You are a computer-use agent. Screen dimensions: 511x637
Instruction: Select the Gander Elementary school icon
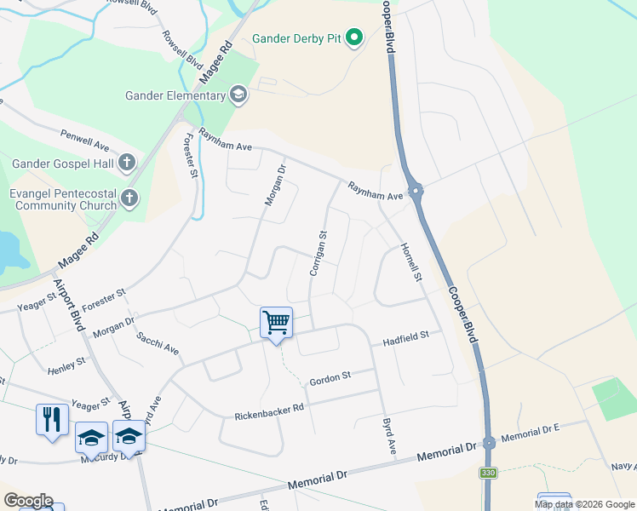click(239, 95)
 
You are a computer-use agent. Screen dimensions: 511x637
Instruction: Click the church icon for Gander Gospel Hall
click(127, 162)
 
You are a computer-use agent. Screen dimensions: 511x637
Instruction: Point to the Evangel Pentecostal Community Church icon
click(129, 199)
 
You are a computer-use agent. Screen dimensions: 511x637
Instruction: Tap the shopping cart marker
click(276, 323)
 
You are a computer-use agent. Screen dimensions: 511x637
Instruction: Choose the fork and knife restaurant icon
click(52, 420)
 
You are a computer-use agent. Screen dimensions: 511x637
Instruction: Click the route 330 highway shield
click(487, 473)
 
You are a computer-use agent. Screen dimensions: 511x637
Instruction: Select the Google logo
click(28, 500)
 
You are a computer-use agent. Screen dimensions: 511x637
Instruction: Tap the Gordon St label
click(330, 378)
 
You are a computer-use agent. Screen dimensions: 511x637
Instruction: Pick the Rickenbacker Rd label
click(269, 412)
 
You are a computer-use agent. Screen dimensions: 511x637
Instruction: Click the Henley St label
click(66, 366)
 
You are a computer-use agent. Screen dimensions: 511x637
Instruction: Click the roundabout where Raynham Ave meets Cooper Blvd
click(416, 191)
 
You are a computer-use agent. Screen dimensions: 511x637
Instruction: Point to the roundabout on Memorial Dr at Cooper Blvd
click(489, 443)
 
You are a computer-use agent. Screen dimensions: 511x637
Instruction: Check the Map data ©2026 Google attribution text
click(583, 504)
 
